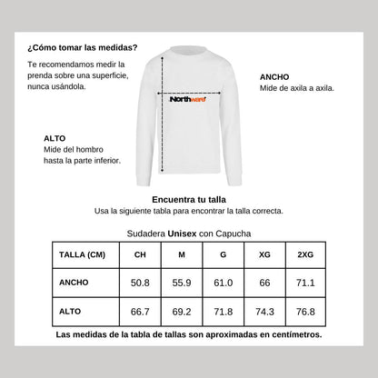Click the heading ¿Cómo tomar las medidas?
(83, 47)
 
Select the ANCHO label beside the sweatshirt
(274, 77)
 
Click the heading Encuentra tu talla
(189, 197)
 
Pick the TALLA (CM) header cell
(82, 254)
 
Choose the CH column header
(140, 254)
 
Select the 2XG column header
(306, 254)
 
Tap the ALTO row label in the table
(70, 312)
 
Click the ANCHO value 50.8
(140, 283)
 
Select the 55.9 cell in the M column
(181, 283)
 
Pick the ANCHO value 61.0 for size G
(223, 283)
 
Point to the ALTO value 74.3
(264, 312)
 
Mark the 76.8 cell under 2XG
(306, 312)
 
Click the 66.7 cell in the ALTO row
(140, 312)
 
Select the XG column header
(264, 254)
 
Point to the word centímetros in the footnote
(289, 335)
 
